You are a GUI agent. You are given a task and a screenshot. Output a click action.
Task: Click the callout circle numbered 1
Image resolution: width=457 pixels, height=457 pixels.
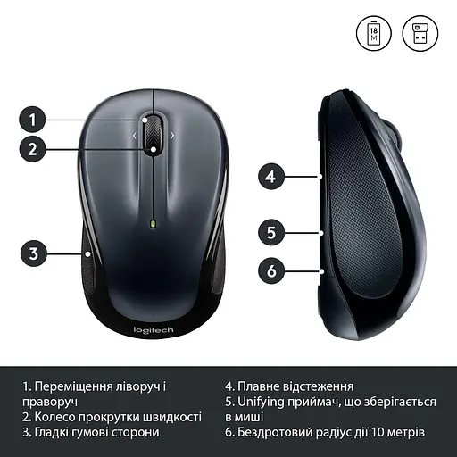click(33, 119)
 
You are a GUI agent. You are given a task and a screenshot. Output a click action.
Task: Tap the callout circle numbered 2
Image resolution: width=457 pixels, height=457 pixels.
click(33, 149)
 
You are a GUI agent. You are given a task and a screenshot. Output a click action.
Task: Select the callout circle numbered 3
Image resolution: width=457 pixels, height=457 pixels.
click(33, 253)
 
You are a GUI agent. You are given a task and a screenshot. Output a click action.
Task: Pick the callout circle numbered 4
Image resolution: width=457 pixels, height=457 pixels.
click(273, 176)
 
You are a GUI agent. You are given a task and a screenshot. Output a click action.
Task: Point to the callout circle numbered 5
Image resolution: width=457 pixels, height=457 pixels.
click(273, 232)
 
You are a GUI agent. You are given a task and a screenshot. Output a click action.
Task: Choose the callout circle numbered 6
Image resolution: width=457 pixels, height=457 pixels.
click(273, 268)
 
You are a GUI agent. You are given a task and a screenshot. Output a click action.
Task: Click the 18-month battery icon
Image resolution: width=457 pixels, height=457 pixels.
click(374, 33)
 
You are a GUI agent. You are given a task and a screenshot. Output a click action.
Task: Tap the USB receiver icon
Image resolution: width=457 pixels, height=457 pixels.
click(421, 33)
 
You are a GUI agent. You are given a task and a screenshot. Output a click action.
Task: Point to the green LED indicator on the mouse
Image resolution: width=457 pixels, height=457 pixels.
click(154, 223)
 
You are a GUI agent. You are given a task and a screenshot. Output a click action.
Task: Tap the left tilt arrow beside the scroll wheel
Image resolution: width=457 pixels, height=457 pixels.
click(135, 136)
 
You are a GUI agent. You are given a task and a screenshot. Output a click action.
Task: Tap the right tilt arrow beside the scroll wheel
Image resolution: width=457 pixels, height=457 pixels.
click(172, 136)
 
